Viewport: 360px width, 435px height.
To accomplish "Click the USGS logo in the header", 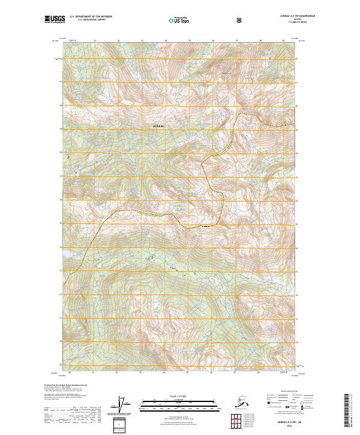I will (55, 20).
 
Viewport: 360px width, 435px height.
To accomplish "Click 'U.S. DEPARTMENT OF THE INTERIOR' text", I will (91, 17).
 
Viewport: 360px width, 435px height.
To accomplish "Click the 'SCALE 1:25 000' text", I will (180, 395).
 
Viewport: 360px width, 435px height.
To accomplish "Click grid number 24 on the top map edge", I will (165, 41).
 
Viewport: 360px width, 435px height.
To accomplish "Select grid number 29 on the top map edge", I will (283, 41).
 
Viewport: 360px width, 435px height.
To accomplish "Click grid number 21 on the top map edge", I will (95, 41).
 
